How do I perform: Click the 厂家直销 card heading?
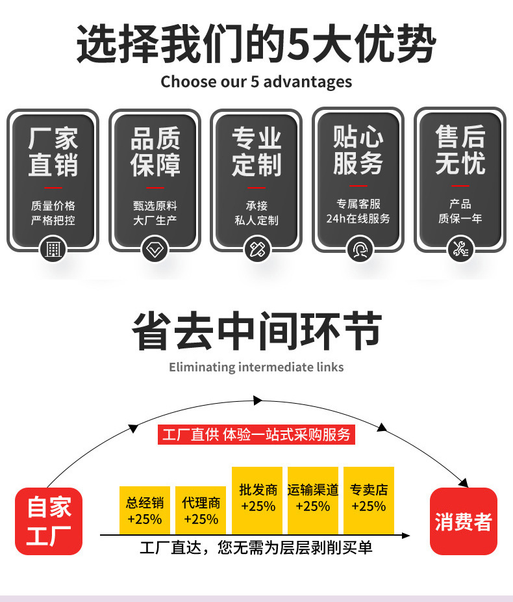53,151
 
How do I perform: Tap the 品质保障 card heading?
155,151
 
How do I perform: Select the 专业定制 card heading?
256,151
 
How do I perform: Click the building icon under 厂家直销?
53,249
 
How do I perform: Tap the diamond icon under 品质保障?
155,249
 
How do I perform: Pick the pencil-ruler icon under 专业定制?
256,249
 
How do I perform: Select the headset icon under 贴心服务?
358,249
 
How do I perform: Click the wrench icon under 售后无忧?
460,249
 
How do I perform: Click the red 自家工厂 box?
49,521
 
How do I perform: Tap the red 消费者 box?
463,521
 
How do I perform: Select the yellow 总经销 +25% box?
145,510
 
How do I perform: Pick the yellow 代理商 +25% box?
201,510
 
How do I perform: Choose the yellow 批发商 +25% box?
257,499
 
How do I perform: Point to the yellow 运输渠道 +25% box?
313,499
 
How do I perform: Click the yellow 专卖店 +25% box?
369,499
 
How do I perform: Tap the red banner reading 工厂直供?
256,434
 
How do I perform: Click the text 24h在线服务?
358,219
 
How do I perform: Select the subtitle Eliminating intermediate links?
256,367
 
